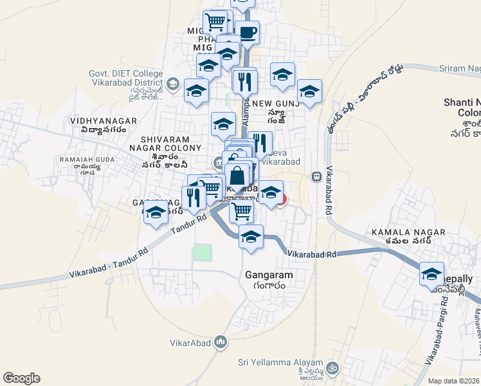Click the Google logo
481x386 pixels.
point(21,378)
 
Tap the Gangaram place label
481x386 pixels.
point(269,275)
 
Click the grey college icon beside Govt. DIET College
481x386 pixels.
point(172,84)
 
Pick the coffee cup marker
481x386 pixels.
point(247,32)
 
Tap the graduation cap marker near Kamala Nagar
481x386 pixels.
point(432,274)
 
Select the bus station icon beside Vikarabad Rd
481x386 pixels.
point(316,176)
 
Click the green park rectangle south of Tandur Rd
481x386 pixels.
point(202,253)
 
